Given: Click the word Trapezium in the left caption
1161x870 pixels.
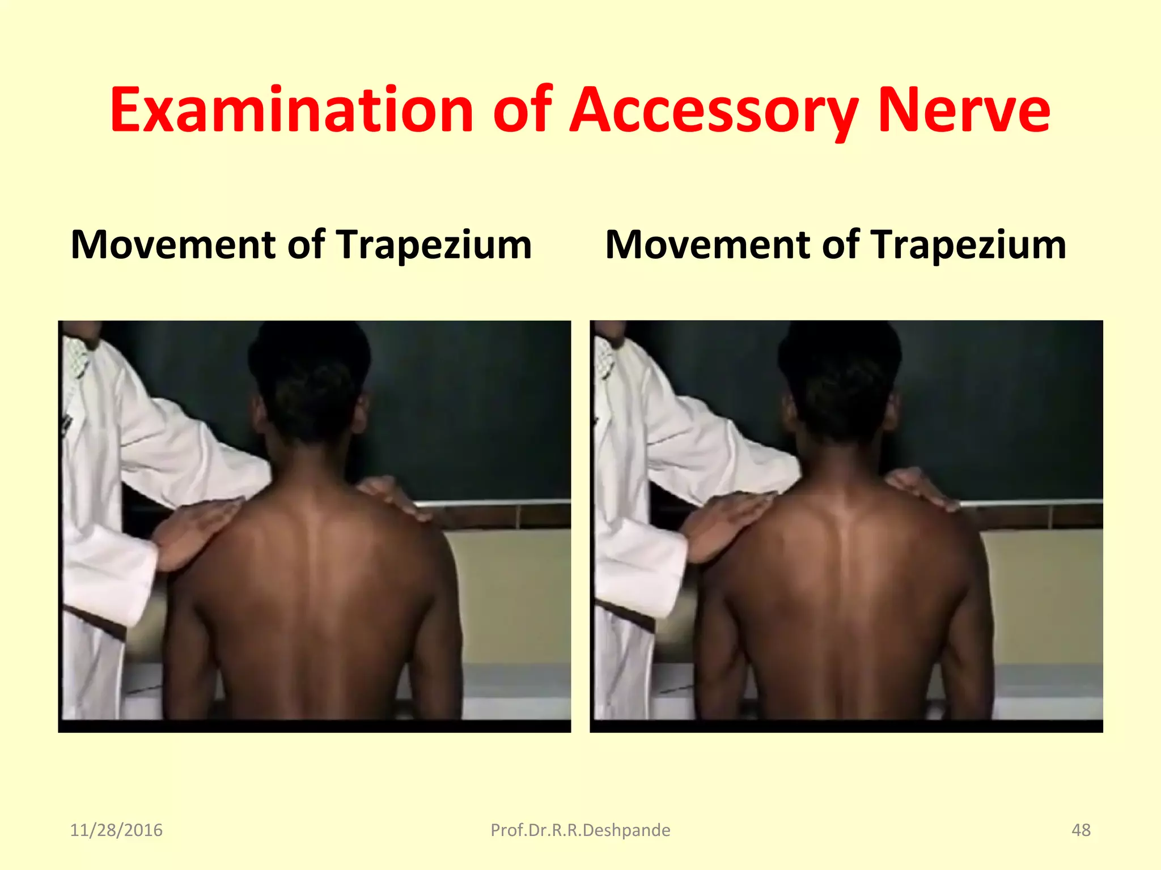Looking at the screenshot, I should click(x=434, y=245).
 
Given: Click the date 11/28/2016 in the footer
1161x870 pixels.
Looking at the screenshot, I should click(x=116, y=830).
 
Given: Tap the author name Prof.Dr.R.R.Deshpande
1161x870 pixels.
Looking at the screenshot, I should click(x=580, y=830).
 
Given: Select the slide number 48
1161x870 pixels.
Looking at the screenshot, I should click(x=1081, y=830).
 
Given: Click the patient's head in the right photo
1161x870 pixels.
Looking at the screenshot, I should click(x=840, y=379).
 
